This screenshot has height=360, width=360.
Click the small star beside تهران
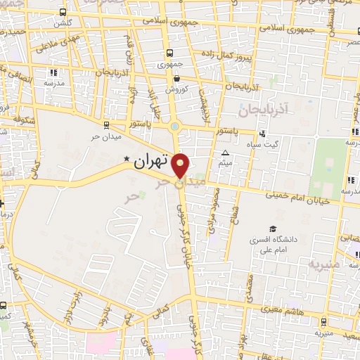(127, 158)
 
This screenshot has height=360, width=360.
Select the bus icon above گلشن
(64, 12)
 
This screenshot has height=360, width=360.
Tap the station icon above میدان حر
(105, 125)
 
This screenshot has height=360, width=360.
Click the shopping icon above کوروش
(175, 78)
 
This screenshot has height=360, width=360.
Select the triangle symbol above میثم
(225, 153)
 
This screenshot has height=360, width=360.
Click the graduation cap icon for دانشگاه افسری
(273, 229)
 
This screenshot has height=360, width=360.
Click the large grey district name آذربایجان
(264, 109)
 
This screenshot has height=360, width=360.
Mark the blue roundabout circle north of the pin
(174, 127)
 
